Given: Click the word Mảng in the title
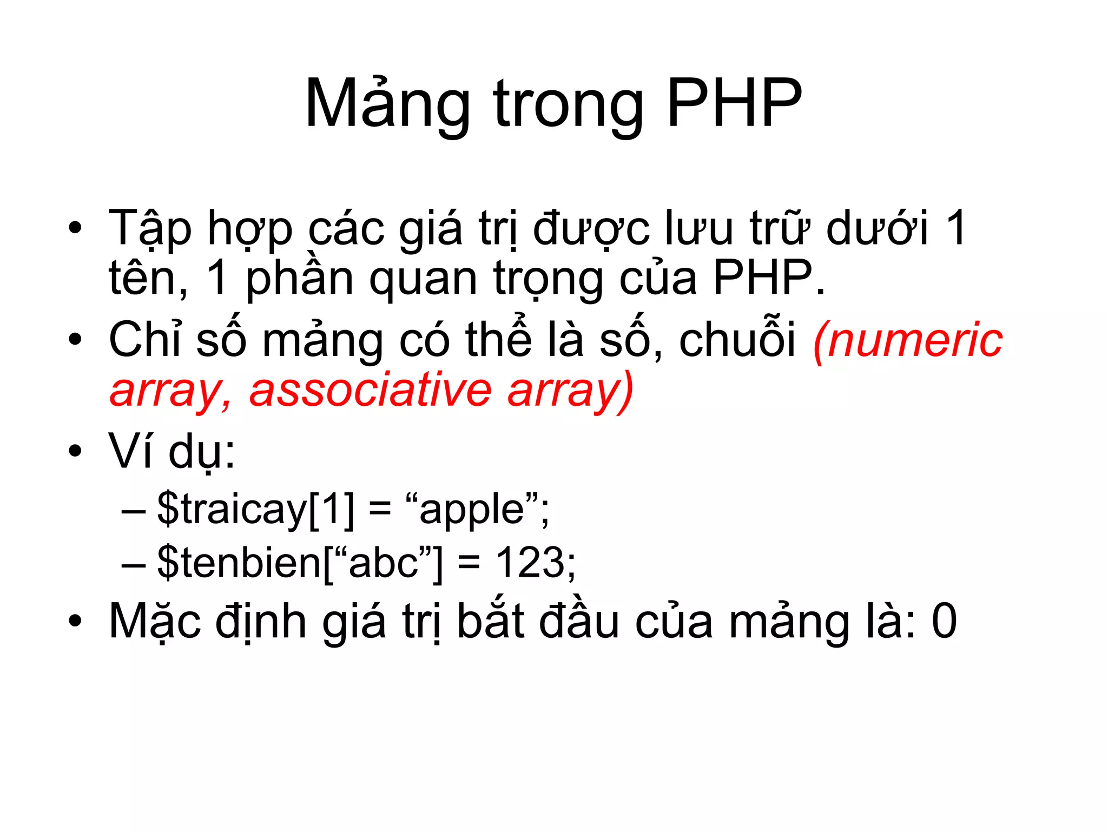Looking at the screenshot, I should pyautogui.click(x=387, y=104).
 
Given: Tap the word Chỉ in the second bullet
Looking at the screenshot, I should pyautogui.click(x=144, y=339).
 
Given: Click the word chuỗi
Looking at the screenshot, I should pyautogui.click(x=738, y=339).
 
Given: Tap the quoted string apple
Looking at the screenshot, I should pyautogui.click(x=471, y=510).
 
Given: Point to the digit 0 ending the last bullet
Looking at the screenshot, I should pyautogui.click(x=945, y=621).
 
